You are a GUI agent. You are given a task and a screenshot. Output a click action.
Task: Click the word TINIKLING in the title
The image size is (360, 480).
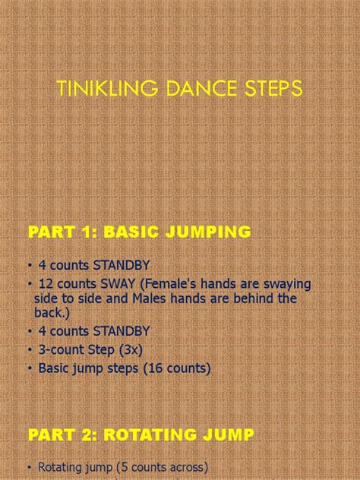pos(107,88)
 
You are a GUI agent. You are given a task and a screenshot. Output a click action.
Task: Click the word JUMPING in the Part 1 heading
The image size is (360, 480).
pos(208,232)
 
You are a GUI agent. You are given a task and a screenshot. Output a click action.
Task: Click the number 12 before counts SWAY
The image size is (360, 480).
pos(46,284)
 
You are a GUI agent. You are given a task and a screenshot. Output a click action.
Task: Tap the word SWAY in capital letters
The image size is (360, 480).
pos(118,284)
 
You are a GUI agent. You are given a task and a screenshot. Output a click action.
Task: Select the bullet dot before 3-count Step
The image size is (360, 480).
pos(30,350)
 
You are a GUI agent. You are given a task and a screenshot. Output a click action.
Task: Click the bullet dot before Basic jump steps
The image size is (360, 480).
pos(30,368)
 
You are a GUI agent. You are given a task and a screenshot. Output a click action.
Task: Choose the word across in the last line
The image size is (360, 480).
pos(187,467)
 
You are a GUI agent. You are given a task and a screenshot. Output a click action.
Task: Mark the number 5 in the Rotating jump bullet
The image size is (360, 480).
pos(125,467)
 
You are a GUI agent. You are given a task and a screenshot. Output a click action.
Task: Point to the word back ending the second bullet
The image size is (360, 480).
pos(48,313)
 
